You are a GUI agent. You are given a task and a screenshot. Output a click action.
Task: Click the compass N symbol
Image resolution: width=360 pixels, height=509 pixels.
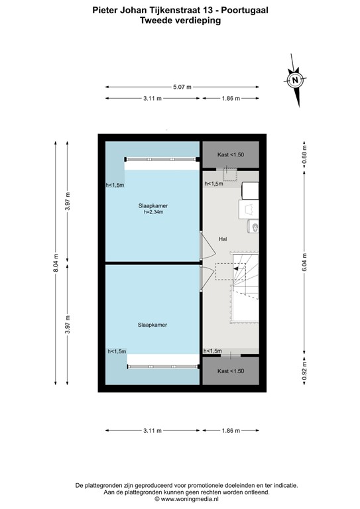(x=295, y=81)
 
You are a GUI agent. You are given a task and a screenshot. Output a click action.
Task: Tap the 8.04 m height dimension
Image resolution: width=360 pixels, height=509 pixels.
(x=56, y=266)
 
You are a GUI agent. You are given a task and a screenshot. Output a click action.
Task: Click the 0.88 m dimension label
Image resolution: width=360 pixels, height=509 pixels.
(x=304, y=154)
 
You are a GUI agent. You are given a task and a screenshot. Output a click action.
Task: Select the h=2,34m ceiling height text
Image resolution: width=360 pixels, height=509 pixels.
(x=153, y=213)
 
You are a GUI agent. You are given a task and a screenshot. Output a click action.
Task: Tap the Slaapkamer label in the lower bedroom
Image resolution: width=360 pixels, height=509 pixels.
(x=152, y=325)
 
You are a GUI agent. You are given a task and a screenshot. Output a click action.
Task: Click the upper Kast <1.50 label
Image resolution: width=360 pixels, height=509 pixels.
(x=231, y=154)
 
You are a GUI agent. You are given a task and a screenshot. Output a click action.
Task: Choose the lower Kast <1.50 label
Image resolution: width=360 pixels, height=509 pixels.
(x=231, y=371)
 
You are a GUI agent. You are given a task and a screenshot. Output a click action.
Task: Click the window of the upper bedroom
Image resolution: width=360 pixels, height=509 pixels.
(x=161, y=160)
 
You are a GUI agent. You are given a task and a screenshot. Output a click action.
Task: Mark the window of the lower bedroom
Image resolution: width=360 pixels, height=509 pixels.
(x=162, y=365)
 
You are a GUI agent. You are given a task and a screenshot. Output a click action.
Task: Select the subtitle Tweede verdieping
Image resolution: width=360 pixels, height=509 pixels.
(x=180, y=21)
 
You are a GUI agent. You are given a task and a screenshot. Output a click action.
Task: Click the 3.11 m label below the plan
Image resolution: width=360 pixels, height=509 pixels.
(x=152, y=431)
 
